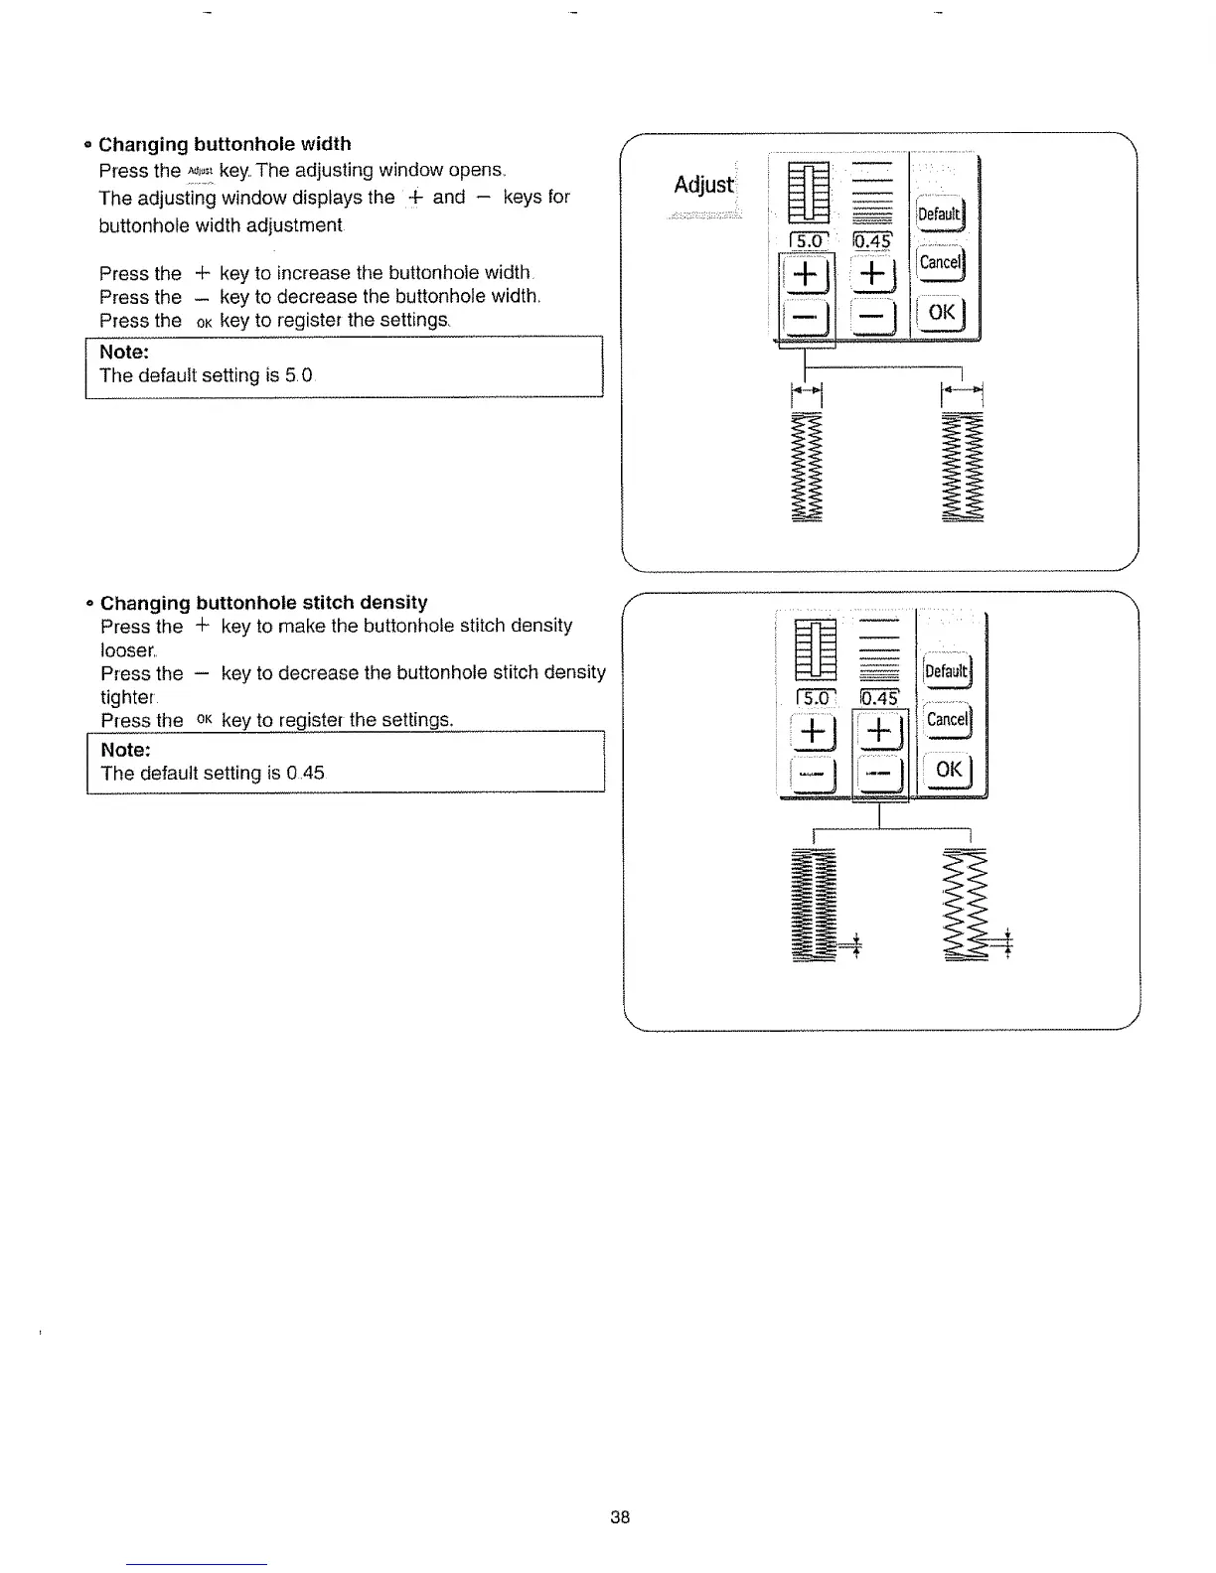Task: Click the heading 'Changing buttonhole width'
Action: pos(225,144)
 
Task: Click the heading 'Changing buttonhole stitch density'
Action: pos(264,603)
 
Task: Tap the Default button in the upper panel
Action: pos(939,214)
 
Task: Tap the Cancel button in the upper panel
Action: pos(940,262)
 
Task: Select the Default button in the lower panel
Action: pos(946,671)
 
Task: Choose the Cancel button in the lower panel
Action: pos(947,719)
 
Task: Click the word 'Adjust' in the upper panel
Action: pos(703,186)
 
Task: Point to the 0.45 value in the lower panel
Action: pos(879,698)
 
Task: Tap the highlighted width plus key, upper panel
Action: pos(806,274)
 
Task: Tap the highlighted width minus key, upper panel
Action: pos(806,318)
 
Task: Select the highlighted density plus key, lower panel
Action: pos(881,732)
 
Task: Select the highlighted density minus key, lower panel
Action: pos(881,773)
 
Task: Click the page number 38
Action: pos(620,1516)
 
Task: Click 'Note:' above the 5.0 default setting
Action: pos(124,353)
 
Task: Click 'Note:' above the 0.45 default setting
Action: pos(125,750)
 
